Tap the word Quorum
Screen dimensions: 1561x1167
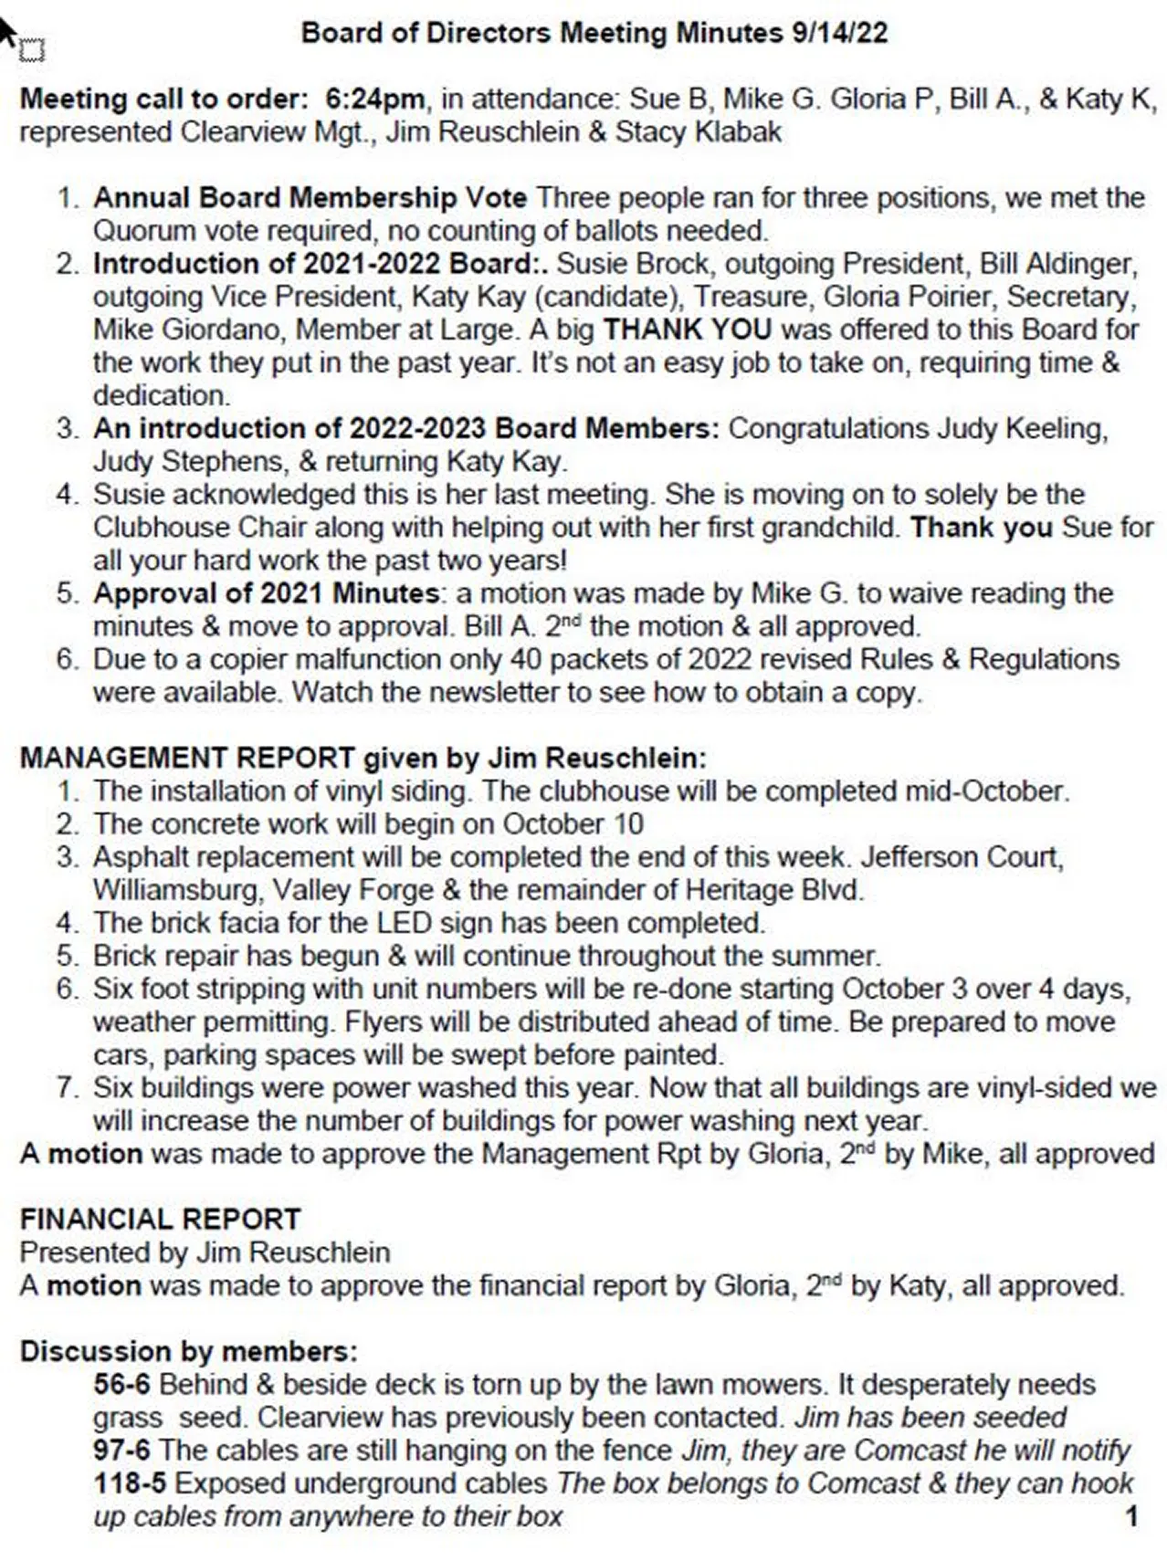[x=143, y=230]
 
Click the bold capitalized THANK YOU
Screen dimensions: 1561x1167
[x=687, y=329]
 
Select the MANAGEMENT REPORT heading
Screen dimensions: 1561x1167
[x=187, y=758]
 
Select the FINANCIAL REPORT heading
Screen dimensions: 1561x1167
[x=160, y=1219]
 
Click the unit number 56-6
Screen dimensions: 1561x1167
[x=121, y=1384]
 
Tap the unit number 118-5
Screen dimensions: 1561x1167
[x=130, y=1482]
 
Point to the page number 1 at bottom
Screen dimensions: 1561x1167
[x=1131, y=1516]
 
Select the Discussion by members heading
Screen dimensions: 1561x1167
[x=188, y=1351]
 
